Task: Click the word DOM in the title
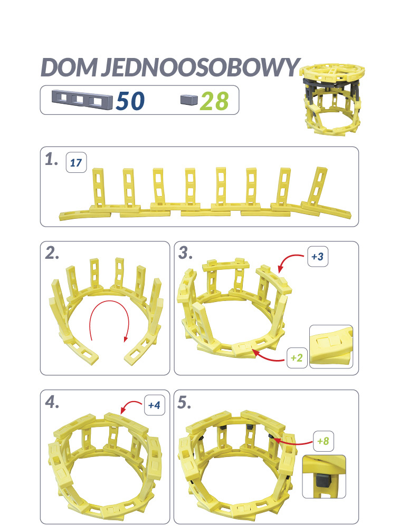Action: tap(66, 67)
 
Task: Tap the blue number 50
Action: tap(130, 100)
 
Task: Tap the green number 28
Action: tap(214, 100)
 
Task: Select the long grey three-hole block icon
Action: tap(82, 99)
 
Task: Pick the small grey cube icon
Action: tap(188, 99)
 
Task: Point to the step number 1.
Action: tap(51, 161)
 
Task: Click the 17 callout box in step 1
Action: tap(75, 162)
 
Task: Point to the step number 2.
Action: tap(52, 254)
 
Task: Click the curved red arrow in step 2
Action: tap(109, 322)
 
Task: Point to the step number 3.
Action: tap(185, 254)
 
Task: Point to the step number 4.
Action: tap(52, 403)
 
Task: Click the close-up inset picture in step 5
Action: tap(324, 476)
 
